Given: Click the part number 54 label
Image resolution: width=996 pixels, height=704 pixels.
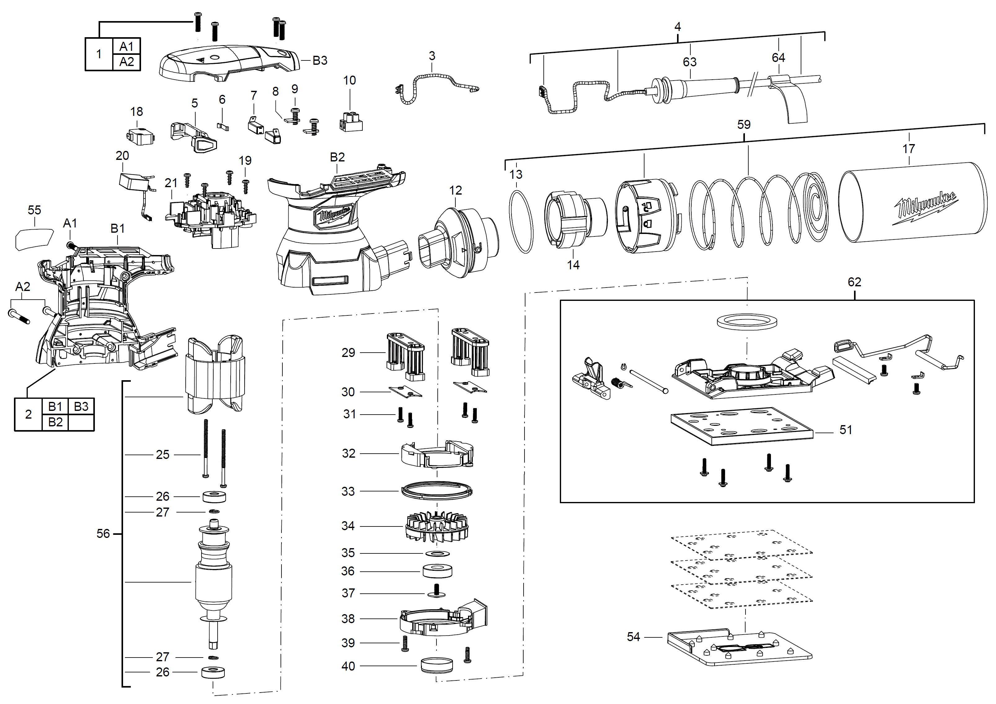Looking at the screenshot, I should tap(633, 636).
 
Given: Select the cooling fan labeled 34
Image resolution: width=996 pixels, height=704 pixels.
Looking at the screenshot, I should tap(437, 527).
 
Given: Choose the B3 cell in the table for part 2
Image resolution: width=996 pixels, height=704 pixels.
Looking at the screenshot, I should tap(81, 406).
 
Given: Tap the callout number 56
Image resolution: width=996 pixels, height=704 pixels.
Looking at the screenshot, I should tap(103, 533).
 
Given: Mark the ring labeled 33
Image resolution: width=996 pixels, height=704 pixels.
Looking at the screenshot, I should tap(436, 491).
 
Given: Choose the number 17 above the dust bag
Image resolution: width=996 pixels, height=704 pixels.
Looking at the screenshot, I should tap(908, 149).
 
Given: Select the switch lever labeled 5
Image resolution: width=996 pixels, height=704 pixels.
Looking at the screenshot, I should tap(194, 136).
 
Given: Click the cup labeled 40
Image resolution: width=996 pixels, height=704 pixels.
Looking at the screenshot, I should tap(436, 665).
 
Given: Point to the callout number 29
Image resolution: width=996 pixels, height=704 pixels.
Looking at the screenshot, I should tap(348, 352).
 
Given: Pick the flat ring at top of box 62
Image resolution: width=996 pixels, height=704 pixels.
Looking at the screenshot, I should tap(746, 322).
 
